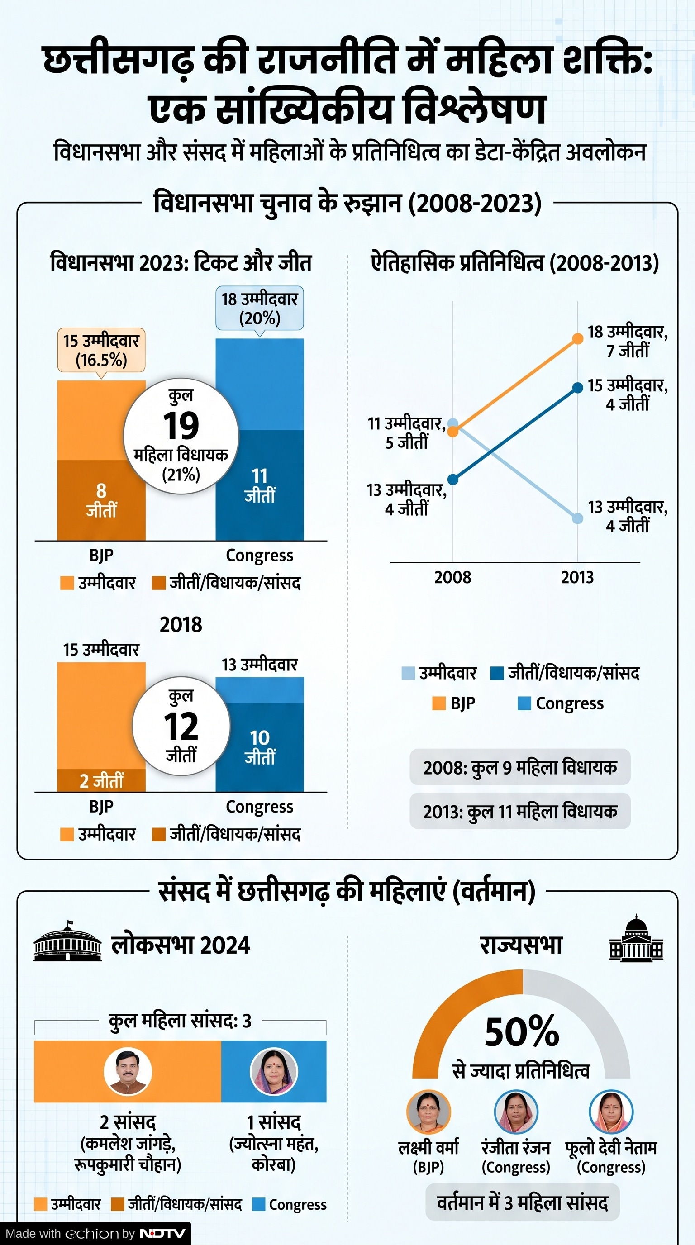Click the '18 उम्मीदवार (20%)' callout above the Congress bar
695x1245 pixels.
click(260, 309)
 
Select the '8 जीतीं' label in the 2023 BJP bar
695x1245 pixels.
click(101, 500)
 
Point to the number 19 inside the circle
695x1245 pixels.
click(181, 426)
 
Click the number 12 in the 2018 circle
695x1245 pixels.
click(181, 727)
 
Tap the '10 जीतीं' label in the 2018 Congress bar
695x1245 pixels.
click(260, 747)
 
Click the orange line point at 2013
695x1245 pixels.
click(577, 338)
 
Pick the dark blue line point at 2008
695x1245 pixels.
click(453, 480)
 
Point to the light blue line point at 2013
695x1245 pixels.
click(577, 518)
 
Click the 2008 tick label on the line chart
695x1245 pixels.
click(452, 577)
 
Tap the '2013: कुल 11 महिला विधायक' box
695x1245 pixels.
click(520, 812)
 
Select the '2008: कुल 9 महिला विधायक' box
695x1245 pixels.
click(520, 767)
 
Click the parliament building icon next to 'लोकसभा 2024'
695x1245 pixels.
click(67, 941)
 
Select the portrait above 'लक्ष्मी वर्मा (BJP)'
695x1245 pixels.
click(428, 1112)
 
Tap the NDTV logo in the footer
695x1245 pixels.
click(162, 1233)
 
